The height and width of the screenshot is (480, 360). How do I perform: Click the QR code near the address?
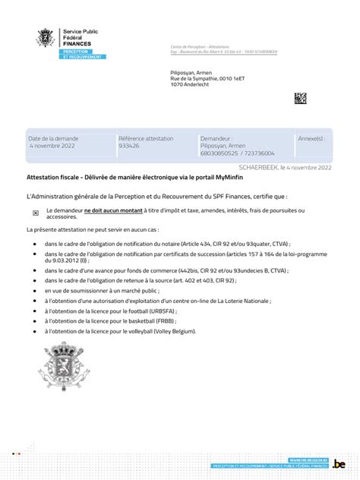click(301, 98)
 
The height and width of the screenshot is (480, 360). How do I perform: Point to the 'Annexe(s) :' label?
click(311, 139)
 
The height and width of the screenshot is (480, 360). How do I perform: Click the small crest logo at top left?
click(46, 37)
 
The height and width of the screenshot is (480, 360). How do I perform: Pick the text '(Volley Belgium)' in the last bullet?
click(175, 331)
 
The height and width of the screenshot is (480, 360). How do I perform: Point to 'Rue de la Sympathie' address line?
click(196, 78)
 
